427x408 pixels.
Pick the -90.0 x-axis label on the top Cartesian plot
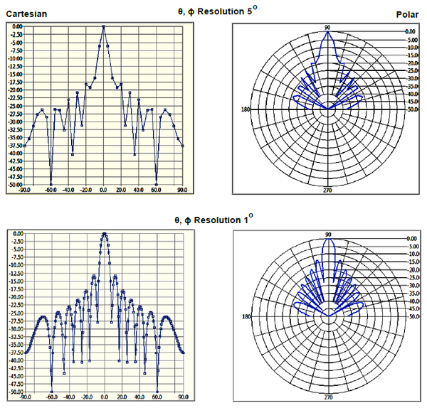(x=25, y=190)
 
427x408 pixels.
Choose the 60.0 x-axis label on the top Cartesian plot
(x=157, y=190)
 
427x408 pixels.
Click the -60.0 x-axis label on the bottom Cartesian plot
(x=51, y=397)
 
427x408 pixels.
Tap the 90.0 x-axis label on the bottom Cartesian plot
(x=183, y=397)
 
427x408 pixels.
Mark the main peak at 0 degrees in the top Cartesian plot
(x=104, y=26)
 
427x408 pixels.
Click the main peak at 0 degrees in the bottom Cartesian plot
(x=105, y=233)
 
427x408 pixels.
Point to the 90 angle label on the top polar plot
(x=327, y=27)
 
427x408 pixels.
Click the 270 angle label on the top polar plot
(x=327, y=190)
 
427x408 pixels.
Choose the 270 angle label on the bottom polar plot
(x=328, y=397)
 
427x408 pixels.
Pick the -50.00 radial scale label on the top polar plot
(x=411, y=109)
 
